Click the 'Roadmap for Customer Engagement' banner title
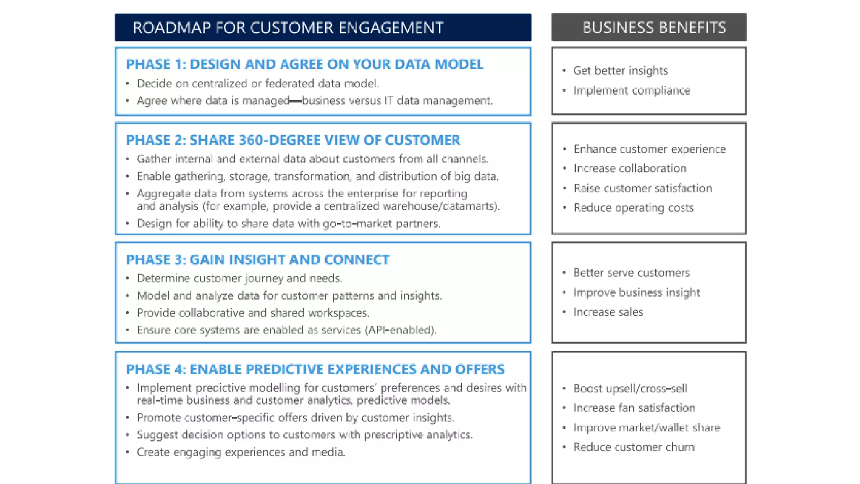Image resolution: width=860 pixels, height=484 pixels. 288,28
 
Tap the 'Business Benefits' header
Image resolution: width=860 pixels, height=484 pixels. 654,28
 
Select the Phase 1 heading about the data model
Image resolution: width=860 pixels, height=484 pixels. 304,64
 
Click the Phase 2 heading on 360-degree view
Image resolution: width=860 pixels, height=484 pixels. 293,140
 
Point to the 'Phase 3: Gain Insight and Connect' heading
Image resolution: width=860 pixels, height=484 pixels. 257,260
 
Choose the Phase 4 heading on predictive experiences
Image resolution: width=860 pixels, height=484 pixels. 315,369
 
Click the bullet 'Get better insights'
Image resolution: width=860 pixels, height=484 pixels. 620,71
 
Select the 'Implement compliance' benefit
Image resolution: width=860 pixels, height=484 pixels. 631,90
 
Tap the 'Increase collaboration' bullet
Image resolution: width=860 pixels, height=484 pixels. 630,168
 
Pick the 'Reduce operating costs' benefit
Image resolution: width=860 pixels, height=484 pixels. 633,208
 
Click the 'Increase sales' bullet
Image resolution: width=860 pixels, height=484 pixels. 608,312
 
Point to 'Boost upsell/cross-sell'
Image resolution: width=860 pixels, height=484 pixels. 630,388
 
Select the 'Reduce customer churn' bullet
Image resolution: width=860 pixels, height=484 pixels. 634,447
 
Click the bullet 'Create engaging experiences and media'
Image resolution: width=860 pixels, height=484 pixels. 241,452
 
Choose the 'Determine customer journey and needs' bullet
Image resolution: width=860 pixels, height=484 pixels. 239,278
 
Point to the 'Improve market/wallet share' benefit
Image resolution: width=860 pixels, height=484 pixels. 646,428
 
